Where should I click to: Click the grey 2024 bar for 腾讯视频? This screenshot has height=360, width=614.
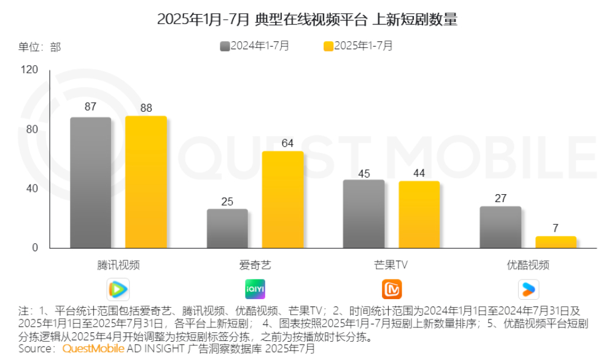point(90,182)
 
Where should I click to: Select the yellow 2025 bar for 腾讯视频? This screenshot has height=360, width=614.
point(146,182)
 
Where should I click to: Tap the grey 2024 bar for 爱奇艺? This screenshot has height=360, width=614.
point(227,229)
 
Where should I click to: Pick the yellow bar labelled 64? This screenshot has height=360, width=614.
point(282,200)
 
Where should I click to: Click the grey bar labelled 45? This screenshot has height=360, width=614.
point(363,214)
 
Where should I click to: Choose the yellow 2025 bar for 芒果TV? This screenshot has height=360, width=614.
point(419,214)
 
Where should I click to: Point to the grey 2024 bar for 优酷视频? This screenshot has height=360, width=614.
point(500,227)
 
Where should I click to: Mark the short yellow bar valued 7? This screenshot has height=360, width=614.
point(556,242)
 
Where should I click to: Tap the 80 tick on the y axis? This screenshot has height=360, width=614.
point(32,129)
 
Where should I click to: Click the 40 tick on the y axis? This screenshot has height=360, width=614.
point(32,189)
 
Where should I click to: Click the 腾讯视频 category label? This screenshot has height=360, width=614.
point(118,265)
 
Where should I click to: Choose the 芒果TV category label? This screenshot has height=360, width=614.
point(391,265)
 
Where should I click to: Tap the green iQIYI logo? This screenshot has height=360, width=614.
point(255,288)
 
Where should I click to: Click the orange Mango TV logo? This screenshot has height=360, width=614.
point(392,288)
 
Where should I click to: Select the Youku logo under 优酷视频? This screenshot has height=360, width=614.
point(528,288)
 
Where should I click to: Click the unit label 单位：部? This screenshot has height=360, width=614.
point(40,47)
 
